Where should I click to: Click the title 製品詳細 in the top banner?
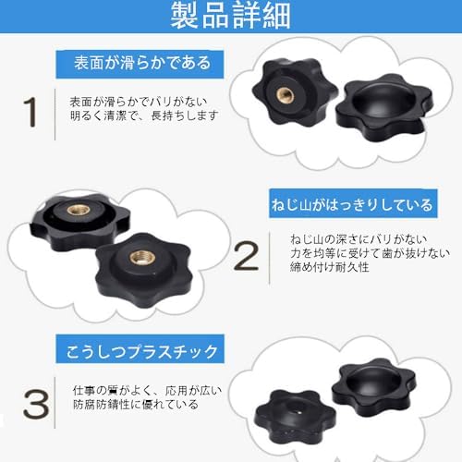230,18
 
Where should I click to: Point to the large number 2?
246,256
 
